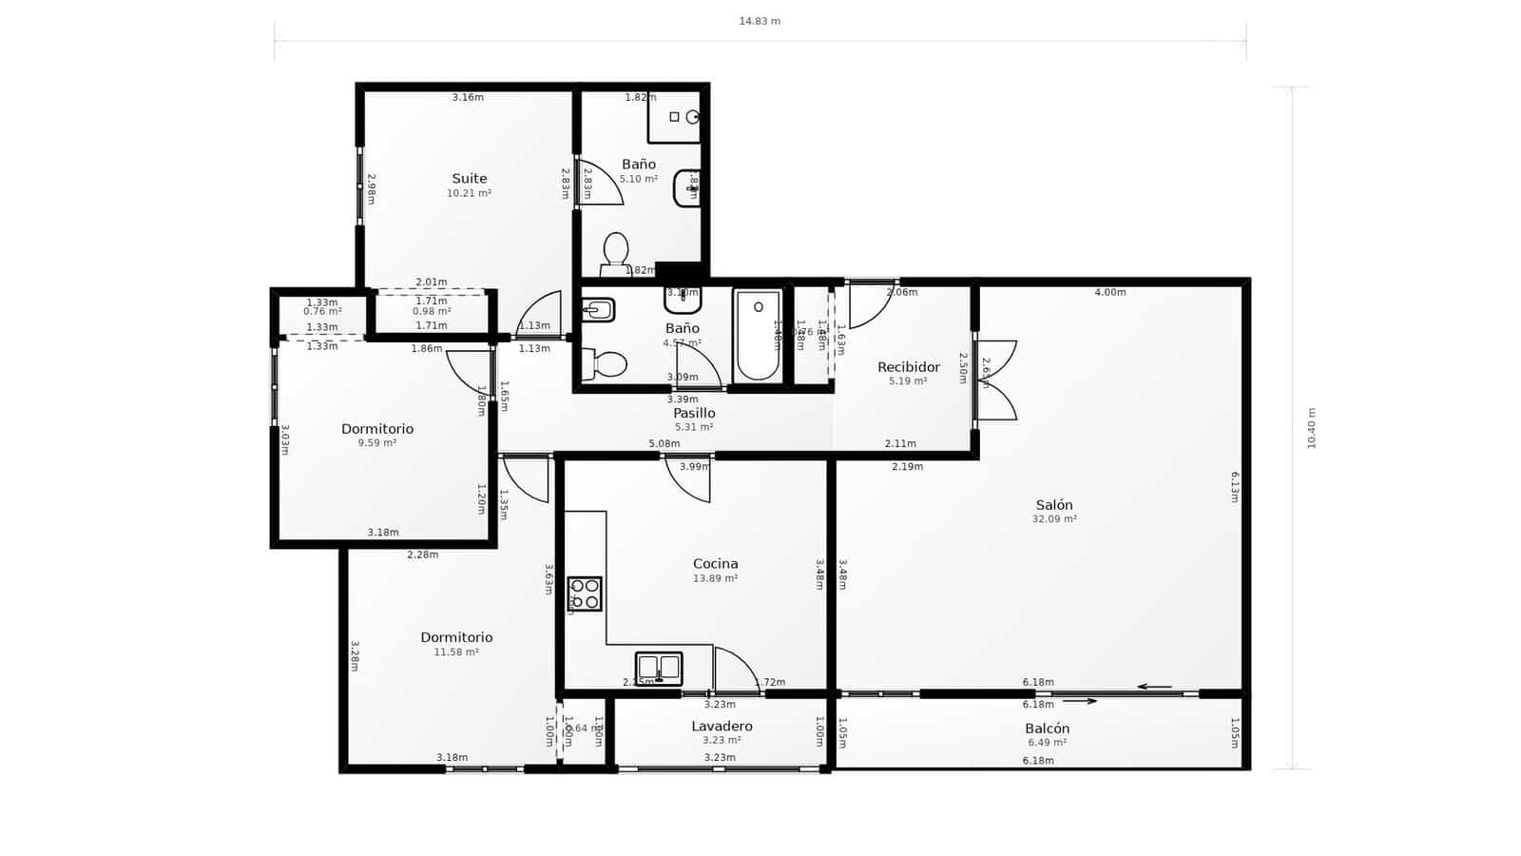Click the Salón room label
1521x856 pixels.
[1054, 505]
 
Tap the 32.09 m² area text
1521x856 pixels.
[1054, 519]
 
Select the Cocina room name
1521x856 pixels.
[715, 563]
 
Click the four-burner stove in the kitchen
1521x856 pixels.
[585, 593]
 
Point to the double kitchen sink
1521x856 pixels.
[659, 668]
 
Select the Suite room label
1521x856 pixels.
[469, 178]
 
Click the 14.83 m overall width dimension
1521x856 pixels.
[760, 21]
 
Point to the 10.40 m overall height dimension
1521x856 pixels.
[1311, 428]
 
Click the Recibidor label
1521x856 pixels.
[908, 367]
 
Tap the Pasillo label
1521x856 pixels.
[694, 413]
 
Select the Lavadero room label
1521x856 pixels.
[722, 726]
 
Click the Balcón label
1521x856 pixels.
[1047, 729]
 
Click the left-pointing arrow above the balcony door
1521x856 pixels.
[1154, 687]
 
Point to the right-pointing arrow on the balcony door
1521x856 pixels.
[1080, 701]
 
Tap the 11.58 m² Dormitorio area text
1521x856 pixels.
[456, 652]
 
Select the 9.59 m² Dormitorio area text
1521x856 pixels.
[377, 443]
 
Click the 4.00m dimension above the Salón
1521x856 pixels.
[1109, 292]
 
